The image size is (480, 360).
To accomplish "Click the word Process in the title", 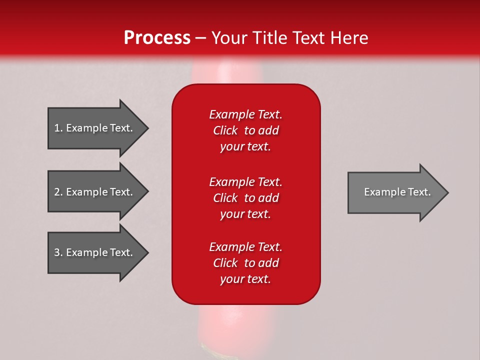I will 157,38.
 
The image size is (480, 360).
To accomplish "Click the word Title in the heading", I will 268,38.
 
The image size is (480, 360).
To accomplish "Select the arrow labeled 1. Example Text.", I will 95,128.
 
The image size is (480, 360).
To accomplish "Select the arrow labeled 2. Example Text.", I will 95,192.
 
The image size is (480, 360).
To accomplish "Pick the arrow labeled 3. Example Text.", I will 95,252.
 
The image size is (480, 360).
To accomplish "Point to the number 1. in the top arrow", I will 58,128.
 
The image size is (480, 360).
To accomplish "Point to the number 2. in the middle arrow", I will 58,192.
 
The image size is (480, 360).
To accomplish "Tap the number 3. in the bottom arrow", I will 58,252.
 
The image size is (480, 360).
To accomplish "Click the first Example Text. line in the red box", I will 245,114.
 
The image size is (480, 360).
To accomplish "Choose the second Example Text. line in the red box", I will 245,182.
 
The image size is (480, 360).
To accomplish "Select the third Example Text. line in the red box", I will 245,247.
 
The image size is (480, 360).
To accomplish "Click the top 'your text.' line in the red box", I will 245,147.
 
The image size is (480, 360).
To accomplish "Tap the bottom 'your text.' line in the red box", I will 245,279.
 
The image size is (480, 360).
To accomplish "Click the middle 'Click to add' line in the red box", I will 245,198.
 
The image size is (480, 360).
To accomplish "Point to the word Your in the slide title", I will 229,38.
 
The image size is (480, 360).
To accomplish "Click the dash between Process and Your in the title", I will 201,38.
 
